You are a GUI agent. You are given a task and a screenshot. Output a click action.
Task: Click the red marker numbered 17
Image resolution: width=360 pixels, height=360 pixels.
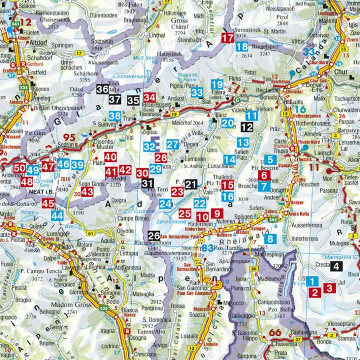(228, 38)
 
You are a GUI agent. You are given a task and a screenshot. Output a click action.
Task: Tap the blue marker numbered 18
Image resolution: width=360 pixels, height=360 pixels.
(242, 46)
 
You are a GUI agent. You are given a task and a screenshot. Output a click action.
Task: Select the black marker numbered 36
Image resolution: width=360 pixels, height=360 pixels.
(102, 89)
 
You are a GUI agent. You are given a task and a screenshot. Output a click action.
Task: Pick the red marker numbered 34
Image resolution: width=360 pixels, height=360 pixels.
(150, 98)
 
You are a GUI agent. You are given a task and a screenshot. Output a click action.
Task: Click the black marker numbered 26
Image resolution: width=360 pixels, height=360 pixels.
(154, 236)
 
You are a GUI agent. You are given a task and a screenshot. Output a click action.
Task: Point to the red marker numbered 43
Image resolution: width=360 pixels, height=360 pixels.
(87, 192)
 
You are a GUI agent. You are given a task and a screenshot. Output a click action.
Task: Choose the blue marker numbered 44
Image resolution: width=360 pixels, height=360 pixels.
(57, 215)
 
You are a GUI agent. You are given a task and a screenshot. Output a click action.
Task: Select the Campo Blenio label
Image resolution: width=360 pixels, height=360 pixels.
(130, 218)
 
